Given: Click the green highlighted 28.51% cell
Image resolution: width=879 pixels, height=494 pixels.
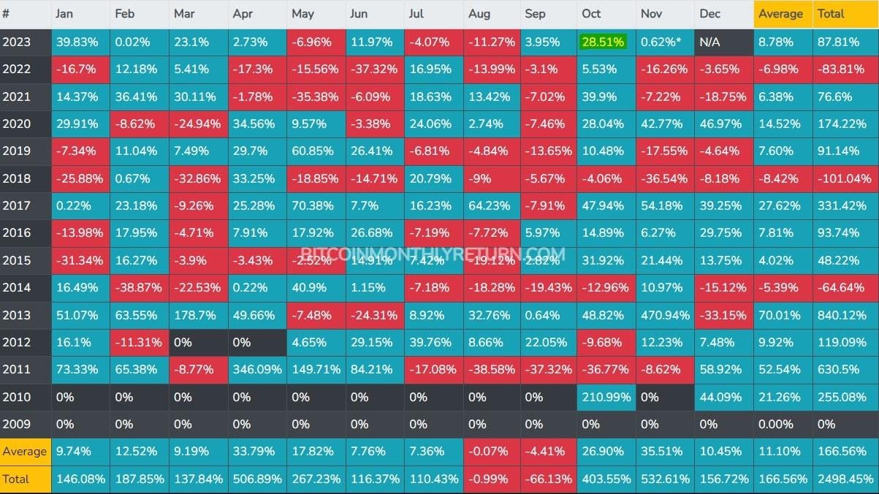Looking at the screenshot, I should click(x=602, y=42).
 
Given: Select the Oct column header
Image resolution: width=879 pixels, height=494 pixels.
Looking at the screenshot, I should click(x=591, y=14).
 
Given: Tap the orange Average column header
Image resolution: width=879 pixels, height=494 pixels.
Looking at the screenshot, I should click(x=780, y=14).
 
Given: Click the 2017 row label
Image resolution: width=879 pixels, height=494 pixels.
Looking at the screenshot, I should click(x=17, y=205).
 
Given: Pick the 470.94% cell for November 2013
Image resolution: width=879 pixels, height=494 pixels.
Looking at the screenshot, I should click(x=664, y=316).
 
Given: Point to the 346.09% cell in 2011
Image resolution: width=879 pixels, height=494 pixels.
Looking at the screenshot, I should click(x=256, y=370).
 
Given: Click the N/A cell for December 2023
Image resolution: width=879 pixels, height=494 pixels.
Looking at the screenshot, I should click(x=709, y=42).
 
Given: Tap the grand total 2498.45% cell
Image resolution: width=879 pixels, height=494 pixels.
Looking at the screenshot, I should click(x=845, y=479).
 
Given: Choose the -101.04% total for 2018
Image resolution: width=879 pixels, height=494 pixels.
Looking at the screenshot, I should click(x=845, y=178).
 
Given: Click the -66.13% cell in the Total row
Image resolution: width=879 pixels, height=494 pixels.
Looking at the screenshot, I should click(x=547, y=479).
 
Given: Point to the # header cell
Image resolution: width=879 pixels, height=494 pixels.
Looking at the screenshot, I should click(x=7, y=14).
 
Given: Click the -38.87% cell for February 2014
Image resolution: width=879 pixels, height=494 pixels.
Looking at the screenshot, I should click(x=138, y=288).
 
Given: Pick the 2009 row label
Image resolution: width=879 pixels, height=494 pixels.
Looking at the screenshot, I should click(x=17, y=424).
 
